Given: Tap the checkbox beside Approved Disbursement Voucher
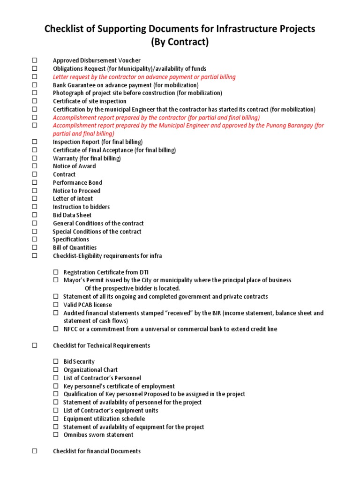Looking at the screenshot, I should (34, 60).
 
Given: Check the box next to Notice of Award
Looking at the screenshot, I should (34, 166).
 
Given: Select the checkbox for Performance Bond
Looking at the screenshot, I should (34, 182).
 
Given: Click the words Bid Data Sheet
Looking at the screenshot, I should (72, 215).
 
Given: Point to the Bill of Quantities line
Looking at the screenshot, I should (75, 247).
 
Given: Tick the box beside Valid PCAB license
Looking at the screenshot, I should (55, 305).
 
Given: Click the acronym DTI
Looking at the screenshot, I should (144, 272).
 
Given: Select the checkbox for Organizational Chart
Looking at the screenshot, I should (55, 370).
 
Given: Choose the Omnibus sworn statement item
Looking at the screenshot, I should (98, 435).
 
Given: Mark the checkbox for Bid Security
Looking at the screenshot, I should (55, 361).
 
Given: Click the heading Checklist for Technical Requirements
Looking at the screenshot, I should (101, 345).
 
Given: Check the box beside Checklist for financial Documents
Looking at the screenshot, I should (34, 451).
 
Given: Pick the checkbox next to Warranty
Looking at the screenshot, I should (34, 158).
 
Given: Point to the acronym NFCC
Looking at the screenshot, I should (71, 329).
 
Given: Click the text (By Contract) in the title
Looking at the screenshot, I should (180, 42).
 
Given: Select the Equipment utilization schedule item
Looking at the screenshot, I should (104, 419).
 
